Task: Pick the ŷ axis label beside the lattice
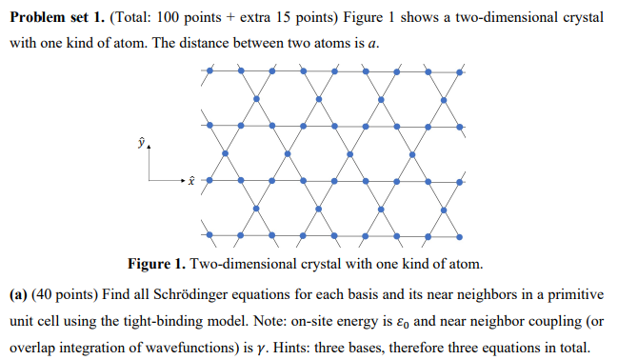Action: click(x=143, y=145)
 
